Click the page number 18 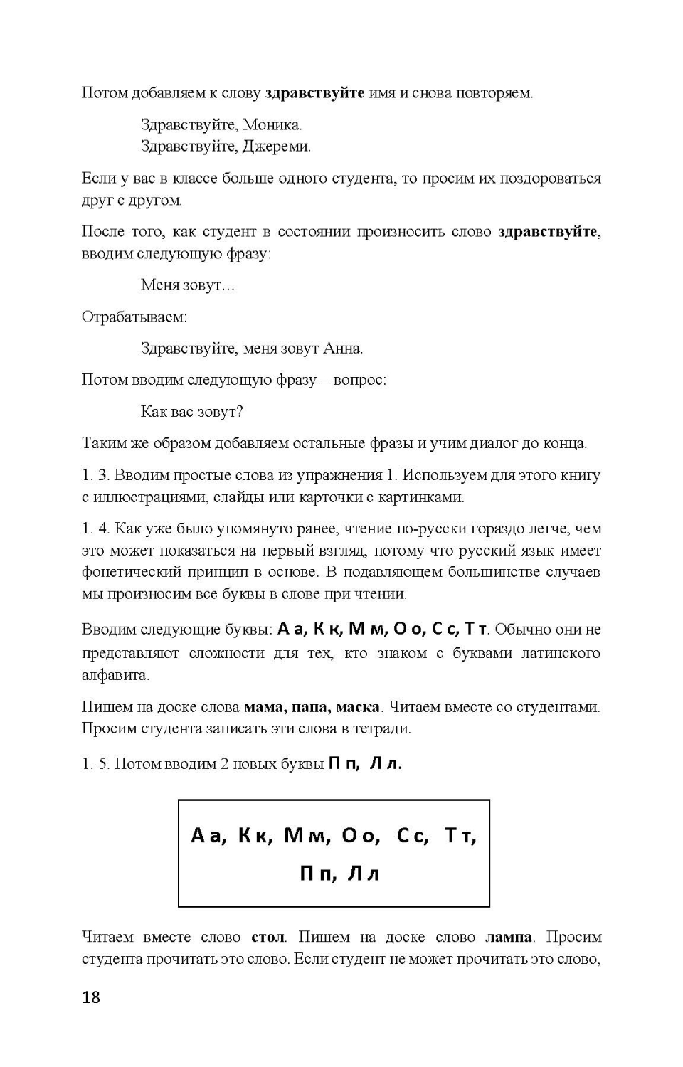tap(91, 997)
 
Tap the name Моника tap(272, 125)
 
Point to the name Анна tap(342, 349)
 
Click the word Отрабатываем tap(134, 317)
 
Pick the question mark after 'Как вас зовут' tap(240, 412)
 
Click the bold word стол tap(268, 937)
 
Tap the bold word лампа tap(508, 937)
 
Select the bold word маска tap(358, 707)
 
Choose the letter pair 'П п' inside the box tap(317, 874)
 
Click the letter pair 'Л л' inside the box tap(364, 874)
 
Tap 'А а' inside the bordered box tap(208, 835)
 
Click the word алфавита tap(115, 674)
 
